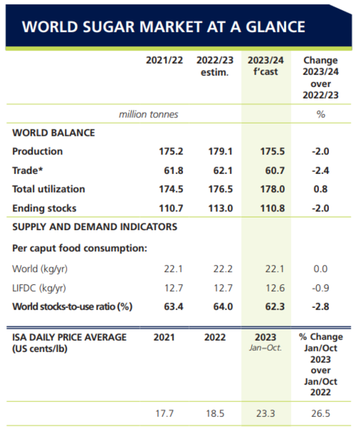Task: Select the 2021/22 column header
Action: coord(164,61)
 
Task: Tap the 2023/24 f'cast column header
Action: coord(265,66)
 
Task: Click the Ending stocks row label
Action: coord(44,208)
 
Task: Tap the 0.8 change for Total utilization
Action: coord(320,189)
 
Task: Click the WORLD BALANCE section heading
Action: coord(54,133)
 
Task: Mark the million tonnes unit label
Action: coord(148,114)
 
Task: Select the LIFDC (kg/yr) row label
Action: coord(39,288)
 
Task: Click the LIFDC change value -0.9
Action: coord(320,288)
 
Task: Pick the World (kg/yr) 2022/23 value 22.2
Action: coord(223,269)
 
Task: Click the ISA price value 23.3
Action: coord(265,414)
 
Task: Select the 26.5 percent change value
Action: coord(320,414)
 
